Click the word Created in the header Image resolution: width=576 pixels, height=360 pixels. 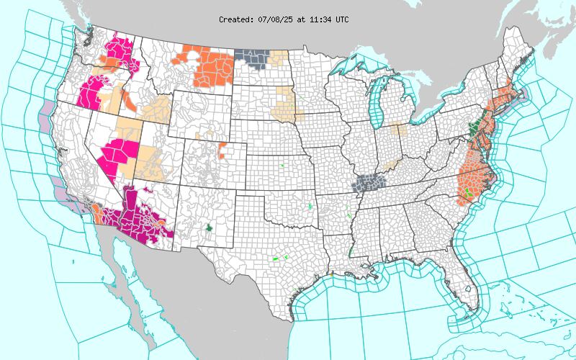pyautogui.click(x=235, y=19)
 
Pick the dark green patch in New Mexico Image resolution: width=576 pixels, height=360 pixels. pyautogui.click(x=209, y=227)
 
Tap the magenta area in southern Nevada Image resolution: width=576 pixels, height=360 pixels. pyautogui.click(x=115, y=155)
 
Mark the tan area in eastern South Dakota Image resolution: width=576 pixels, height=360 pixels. pyautogui.click(x=286, y=101)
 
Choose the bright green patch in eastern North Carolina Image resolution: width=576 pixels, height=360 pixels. pyautogui.click(x=469, y=192)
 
